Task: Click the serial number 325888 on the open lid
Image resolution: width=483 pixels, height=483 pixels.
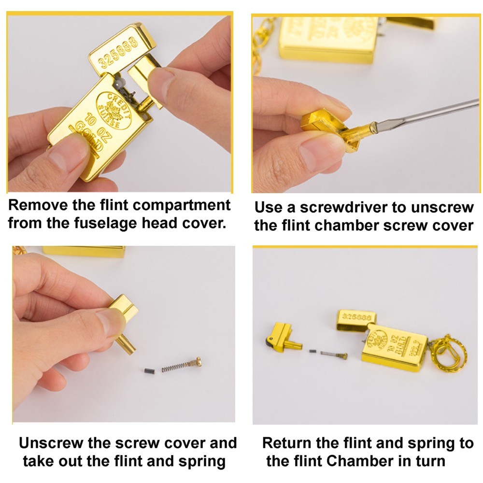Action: coord(118,52)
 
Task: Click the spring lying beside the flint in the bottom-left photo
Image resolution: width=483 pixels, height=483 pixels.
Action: coord(176,366)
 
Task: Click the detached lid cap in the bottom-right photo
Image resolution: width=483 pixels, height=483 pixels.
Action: coord(356,321)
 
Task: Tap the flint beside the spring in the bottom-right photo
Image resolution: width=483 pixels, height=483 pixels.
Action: coord(313,351)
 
